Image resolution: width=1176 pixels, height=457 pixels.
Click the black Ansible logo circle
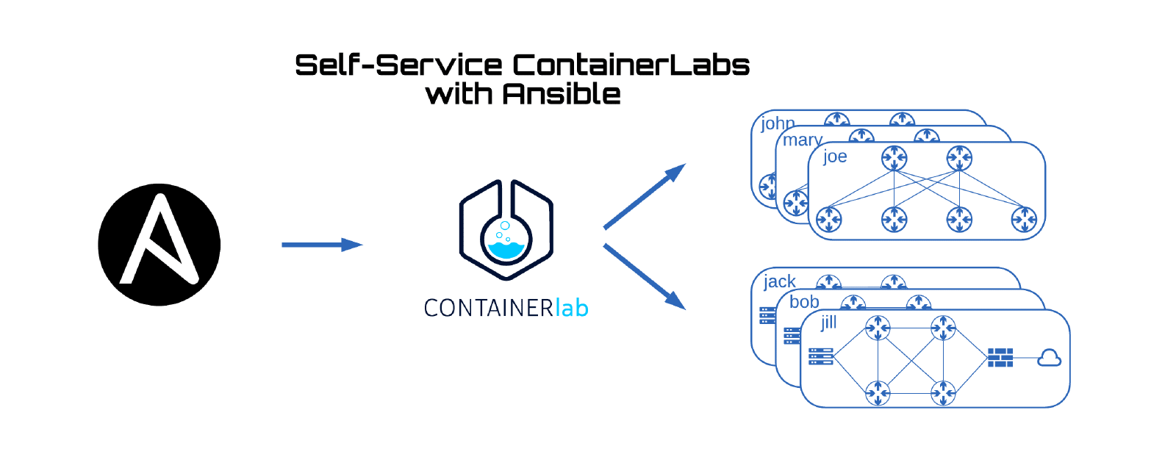pyautogui.click(x=159, y=245)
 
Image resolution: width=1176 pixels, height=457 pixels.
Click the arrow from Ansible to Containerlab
pyautogui.click(x=321, y=245)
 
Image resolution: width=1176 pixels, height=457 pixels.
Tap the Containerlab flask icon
pyautogui.click(x=506, y=230)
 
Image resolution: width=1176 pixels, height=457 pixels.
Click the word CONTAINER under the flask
pyautogui.click(x=488, y=308)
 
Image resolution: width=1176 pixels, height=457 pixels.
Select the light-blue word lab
pyautogui.click(x=572, y=307)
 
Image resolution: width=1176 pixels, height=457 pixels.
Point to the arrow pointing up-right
pyautogui.click(x=644, y=197)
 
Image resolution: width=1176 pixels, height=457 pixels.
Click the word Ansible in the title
pyautogui.click(x=562, y=94)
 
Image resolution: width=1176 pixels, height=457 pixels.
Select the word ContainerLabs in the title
pyautogui.click(x=631, y=65)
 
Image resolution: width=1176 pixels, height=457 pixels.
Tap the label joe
pyautogui.click(x=835, y=156)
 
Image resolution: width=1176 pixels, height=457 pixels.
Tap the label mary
pyautogui.click(x=802, y=140)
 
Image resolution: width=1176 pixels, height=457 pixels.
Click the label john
pyautogui.click(x=777, y=123)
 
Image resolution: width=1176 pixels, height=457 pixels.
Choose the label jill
pyautogui.click(x=829, y=323)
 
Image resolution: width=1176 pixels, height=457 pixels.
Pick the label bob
pyautogui.click(x=804, y=302)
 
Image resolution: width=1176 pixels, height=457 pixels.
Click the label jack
pyautogui.click(x=779, y=281)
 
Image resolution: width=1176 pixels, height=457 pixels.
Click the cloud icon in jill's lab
pyautogui.click(x=1049, y=358)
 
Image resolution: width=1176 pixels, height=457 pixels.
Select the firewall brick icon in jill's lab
pyautogui.click(x=1000, y=358)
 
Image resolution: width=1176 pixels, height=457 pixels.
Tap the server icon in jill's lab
pyautogui.click(x=820, y=357)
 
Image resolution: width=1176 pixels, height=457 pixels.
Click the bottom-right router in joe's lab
pyautogui.click(x=1024, y=219)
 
